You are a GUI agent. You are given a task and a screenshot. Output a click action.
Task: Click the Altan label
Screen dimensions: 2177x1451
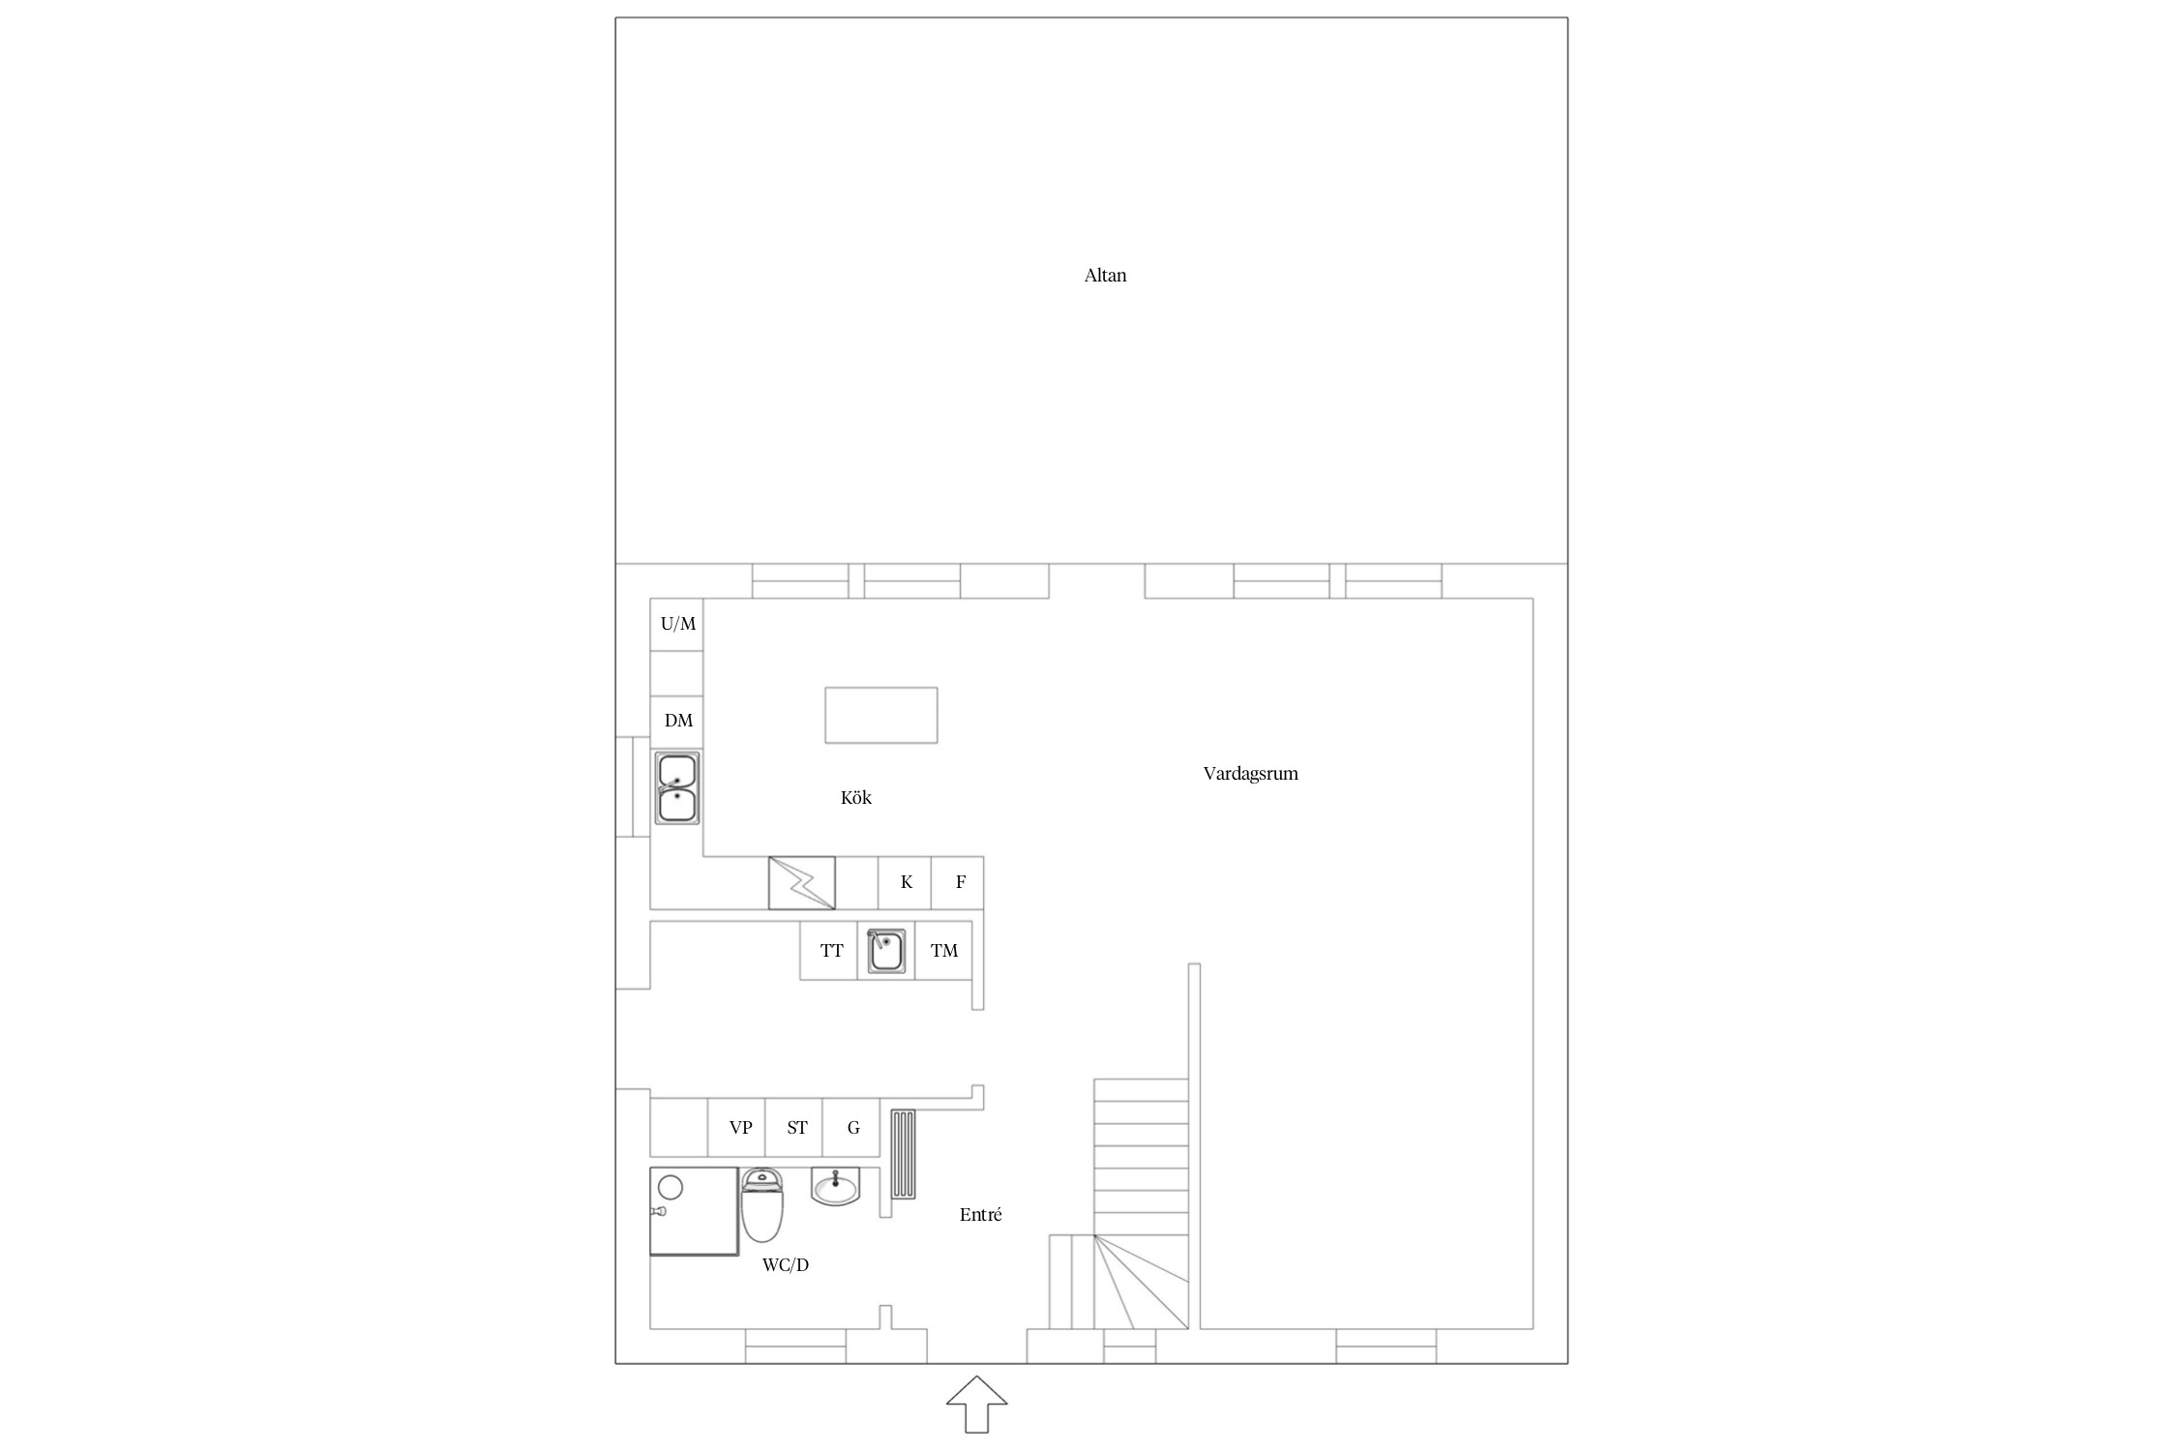1105,276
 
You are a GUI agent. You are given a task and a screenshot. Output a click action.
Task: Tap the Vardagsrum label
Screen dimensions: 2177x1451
1250,774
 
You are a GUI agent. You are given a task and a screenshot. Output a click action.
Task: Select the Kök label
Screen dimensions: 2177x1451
856,798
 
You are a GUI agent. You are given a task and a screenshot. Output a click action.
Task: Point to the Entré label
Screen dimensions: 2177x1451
980,1215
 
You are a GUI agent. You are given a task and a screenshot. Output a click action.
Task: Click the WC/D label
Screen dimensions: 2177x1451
785,1265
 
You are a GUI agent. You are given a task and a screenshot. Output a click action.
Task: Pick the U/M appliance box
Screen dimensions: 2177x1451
676,625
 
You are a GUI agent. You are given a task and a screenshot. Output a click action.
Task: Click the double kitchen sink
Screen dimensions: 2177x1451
677,788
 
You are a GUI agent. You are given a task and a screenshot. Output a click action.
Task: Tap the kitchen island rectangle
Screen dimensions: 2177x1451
881,715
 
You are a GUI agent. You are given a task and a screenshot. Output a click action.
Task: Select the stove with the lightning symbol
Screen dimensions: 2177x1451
802,883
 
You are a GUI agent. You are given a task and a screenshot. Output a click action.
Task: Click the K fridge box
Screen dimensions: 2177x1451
905,883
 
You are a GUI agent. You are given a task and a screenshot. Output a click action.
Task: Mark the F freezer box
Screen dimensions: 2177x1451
958,883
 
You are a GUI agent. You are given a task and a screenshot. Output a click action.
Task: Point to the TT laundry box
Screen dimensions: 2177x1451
829,951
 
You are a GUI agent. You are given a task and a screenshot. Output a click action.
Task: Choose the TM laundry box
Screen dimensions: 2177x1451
944,951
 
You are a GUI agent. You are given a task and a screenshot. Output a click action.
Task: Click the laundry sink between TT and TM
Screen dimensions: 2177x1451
886,951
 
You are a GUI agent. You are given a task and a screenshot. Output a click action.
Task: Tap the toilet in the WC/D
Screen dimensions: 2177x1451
762,1205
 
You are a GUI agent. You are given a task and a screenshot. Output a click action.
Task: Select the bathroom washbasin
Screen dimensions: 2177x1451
835,1187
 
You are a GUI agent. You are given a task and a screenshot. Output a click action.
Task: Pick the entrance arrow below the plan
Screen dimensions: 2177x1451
977,1404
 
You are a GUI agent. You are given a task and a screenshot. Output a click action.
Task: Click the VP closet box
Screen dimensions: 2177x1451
737,1128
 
